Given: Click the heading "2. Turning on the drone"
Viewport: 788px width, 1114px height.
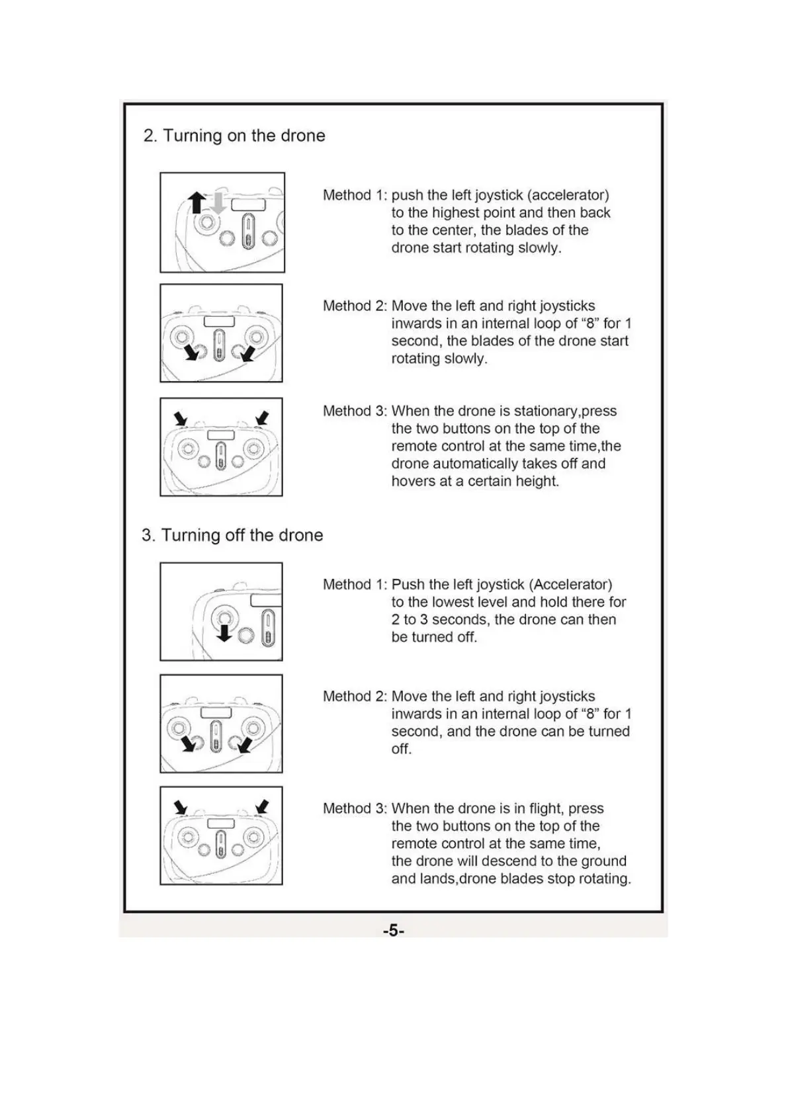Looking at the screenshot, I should [234, 136].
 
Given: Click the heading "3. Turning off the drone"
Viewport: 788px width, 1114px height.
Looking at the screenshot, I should [232, 535].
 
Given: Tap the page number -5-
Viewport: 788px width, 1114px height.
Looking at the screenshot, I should [394, 931].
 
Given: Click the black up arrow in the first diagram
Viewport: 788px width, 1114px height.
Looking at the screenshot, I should [196, 202].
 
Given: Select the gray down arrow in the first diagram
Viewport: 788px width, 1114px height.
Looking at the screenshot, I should [218, 202].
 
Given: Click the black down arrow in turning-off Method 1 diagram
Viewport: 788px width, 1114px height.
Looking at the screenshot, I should [225, 633].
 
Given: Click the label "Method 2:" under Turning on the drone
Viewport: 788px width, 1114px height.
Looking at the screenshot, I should [355, 306].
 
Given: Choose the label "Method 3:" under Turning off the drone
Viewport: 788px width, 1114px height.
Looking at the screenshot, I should [355, 808].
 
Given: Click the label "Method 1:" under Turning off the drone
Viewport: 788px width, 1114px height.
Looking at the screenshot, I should [355, 585].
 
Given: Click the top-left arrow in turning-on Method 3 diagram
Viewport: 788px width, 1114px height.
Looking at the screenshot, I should [181, 419].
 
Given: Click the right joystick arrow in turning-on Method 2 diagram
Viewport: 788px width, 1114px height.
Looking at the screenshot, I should [247, 354].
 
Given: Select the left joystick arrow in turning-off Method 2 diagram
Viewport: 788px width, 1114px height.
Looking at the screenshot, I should [190, 744].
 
